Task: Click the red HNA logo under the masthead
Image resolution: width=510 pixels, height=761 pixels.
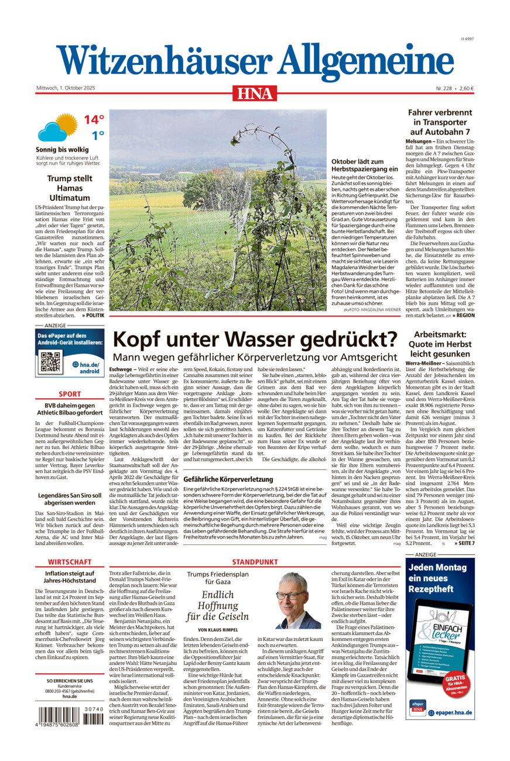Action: tap(255, 92)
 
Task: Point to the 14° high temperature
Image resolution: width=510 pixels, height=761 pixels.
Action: tap(93, 120)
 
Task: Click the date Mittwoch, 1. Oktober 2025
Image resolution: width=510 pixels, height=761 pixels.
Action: tap(66, 88)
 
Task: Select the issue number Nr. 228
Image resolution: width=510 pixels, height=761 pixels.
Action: tap(444, 88)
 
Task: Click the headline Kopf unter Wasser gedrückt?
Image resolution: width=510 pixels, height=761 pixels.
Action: tap(255, 340)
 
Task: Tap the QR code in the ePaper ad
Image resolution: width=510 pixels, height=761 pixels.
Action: tap(50, 362)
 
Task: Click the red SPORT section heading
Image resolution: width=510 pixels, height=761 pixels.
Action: tap(70, 394)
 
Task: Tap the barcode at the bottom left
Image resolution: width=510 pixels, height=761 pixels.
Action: tap(70, 718)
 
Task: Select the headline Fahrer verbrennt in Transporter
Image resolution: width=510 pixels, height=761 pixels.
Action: tap(441, 122)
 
